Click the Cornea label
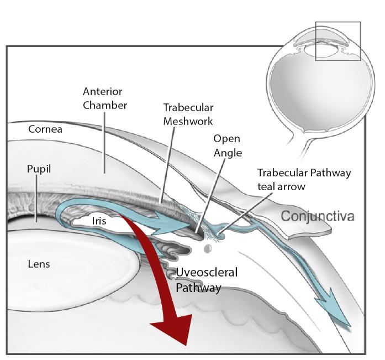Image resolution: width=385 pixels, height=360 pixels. pos(45,129)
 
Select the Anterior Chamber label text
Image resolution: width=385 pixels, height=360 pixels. pos(104,98)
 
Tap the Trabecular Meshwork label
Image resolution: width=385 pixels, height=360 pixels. pos(188,114)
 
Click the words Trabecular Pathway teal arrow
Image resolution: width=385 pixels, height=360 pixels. pos(303,179)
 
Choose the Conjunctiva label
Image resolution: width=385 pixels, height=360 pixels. pos(317,216)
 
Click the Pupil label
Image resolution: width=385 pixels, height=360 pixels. pos(39,169)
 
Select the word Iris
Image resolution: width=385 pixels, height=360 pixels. pos(99,221)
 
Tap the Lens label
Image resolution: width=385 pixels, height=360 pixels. pos(39,264)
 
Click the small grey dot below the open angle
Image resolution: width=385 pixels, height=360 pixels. pos(208,249)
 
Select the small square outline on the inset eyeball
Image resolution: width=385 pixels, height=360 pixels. pos(337,41)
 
